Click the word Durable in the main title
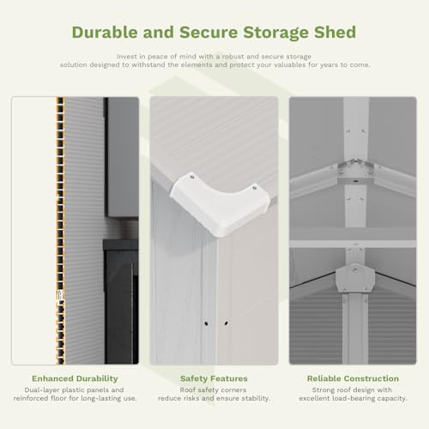(x=105, y=32)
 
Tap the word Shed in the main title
(x=335, y=32)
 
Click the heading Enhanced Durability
(x=75, y=378)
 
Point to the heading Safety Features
(x=214, y=378)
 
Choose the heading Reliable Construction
(x=353, y=378)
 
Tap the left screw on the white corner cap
(x=192, y=177)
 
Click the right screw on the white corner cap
(x=254, y=188)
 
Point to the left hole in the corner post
(x=206, y=323)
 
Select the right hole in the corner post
(x=226, y=323)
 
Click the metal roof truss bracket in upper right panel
(x=355, y=168)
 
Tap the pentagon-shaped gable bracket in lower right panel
(x=355, y=278)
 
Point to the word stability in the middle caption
(x=255, y=398)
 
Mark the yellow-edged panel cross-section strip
(x=60, y=231)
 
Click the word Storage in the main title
(x=275, y=32)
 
